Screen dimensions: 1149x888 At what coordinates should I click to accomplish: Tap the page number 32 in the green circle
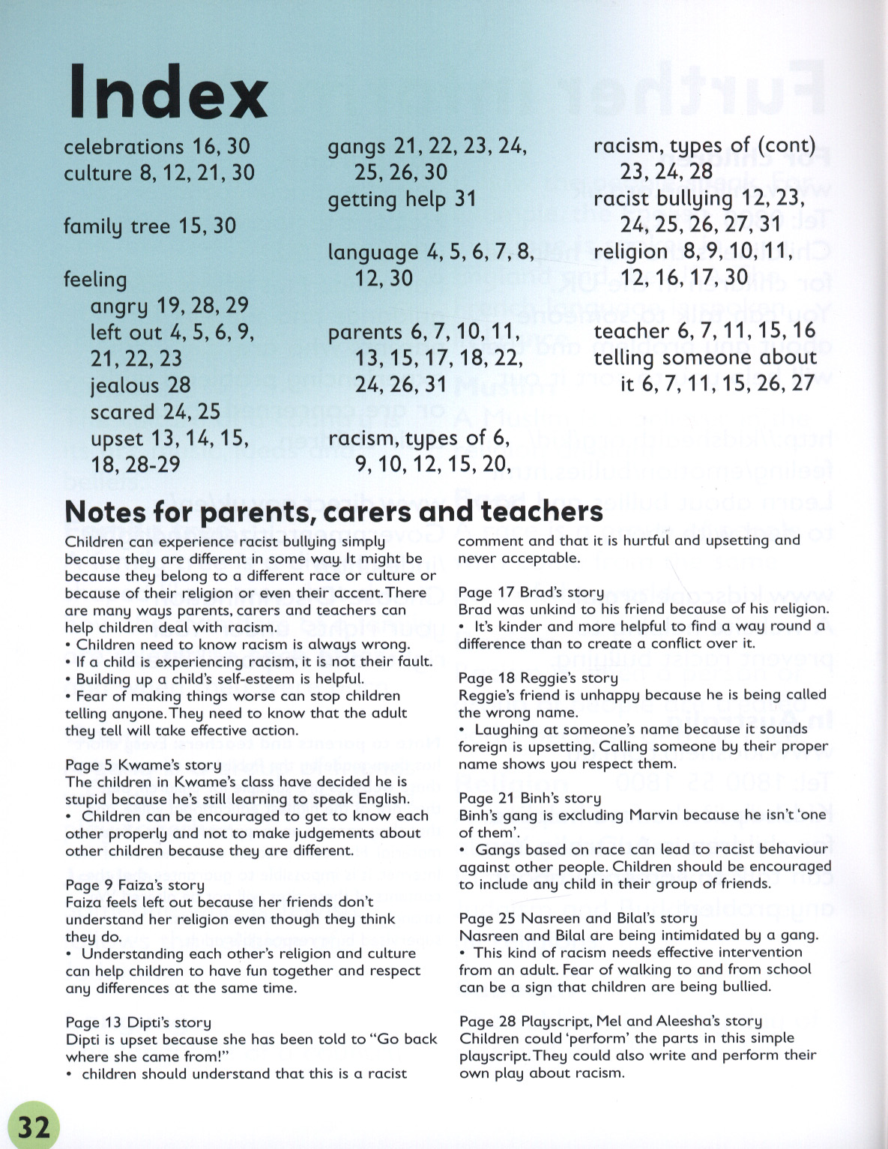pyautogui.click(x=34, y=1127)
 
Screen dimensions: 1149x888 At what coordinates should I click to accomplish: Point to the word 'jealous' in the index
pyautogui.click(x=125, y=385)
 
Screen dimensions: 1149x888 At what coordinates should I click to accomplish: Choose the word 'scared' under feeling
pyautogui.click(x=122, y=411)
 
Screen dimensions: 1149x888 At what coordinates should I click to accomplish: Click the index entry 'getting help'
pyautogui.click(x=387, y=199)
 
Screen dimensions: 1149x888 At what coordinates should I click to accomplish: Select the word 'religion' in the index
pyautogui.click(x=630, y=251)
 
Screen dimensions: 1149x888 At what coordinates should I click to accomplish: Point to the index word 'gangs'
pyautogui.click(x=357, y=146)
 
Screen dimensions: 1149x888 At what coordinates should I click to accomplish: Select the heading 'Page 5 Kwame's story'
pyautogui.click(x=143, y=765)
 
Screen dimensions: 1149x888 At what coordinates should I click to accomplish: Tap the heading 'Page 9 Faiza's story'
pyautogui.click(x=135, y=884)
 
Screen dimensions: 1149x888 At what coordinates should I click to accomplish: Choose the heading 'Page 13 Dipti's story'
pyautogui.click(x=139, y=1022)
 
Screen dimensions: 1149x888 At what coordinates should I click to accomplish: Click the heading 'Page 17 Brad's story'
pyautogui.click(x=531, y=592)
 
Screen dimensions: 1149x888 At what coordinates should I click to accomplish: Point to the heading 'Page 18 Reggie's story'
pyautogui.click(x=538, y=678)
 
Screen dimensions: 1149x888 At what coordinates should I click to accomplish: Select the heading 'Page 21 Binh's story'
pyautogui.click(x=530, y=798)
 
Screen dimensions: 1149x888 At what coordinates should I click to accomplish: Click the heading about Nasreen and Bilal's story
pyautogui.click(x=578, y=918)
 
